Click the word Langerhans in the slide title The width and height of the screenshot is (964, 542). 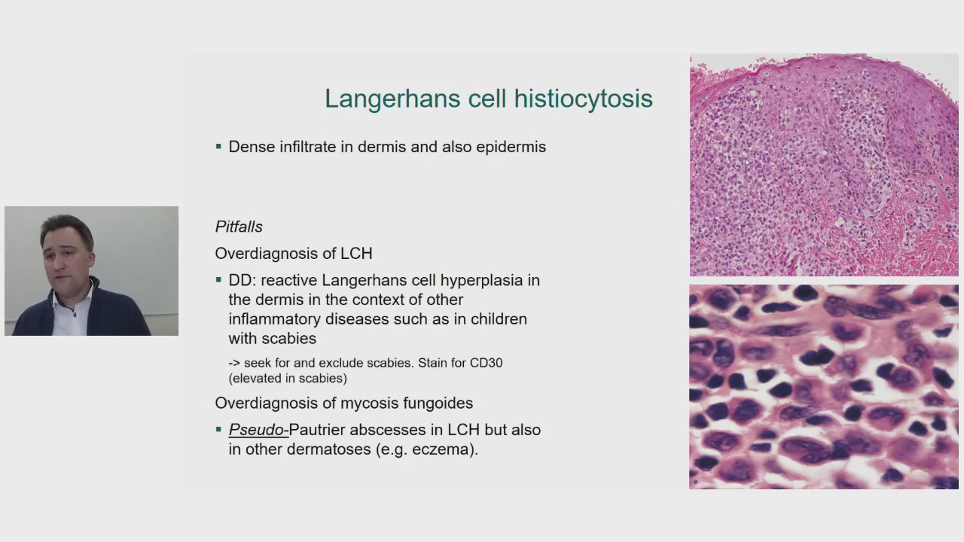(x=393, y=99)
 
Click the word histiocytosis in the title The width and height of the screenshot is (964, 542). (x=583, y=98)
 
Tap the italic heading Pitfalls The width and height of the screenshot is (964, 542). (x=239, y=227)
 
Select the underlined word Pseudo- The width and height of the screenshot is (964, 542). (x=258, y=430)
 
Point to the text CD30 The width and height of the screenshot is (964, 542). (x=486, y=363)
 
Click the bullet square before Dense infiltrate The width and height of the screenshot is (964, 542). (x=218, y=147)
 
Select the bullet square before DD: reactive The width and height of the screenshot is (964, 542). (x=218, y=281)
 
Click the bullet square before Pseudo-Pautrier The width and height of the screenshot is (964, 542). (x=218, y=429)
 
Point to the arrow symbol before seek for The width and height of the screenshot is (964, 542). (x=234, y=363)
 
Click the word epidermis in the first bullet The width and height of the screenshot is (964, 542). (x=511, y=147)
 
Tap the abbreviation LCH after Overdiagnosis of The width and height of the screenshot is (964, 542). (x=356, y=254)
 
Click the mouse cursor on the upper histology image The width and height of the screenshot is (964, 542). (x=747, y=162)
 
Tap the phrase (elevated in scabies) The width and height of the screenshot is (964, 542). (x=288, y=379)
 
